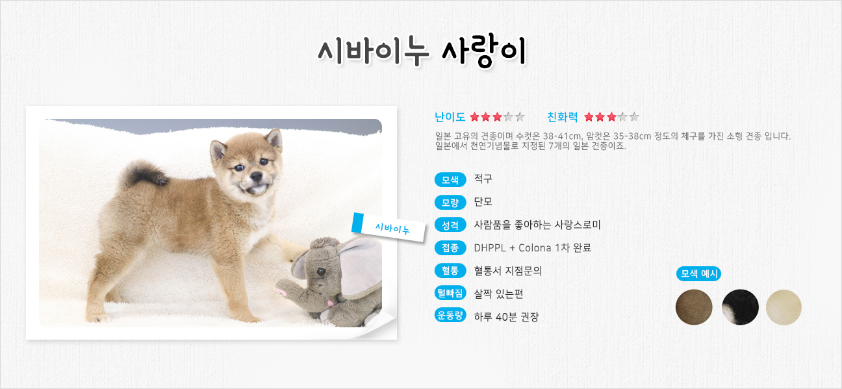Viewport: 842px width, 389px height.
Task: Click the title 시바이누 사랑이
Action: click(x=422, y=52)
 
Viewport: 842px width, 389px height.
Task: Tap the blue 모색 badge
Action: click(x=450, y=180)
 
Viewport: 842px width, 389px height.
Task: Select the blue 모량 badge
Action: click(x=450, y=203)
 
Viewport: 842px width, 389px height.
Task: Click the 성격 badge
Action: click(x=450, y=225)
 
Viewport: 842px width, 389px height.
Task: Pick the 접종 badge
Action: click(x=450, y=247)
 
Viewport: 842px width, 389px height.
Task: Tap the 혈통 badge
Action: click(x=450, y=270)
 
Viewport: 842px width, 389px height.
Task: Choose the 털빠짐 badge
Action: click(x=450, y=293)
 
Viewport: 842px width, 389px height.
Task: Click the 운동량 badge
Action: click(x=450, y=315)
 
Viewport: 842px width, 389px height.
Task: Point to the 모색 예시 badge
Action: click(x=698, y=273)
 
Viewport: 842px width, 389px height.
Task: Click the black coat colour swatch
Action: click(x=740, y=307)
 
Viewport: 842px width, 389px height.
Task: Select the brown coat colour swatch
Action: click(x=694, y=307)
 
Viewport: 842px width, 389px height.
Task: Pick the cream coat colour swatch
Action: click(x=784, y=307)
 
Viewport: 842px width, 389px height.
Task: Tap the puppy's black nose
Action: click(x=256, y=176)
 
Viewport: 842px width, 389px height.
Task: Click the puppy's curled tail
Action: click(x=145, y=173)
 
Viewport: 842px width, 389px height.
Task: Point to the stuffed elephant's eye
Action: click(x=321, y=271)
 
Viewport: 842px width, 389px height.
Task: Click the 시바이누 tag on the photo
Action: click(x=389, y=227)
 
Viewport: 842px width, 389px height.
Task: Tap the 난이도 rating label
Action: click(x=450, y=118)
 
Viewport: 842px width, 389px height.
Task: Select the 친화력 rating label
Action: click(x=563, y=118)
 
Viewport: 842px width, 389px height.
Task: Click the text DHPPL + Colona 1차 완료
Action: click(x=532, y=248)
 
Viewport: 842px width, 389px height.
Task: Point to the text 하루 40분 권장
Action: click(x=506, y=317)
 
